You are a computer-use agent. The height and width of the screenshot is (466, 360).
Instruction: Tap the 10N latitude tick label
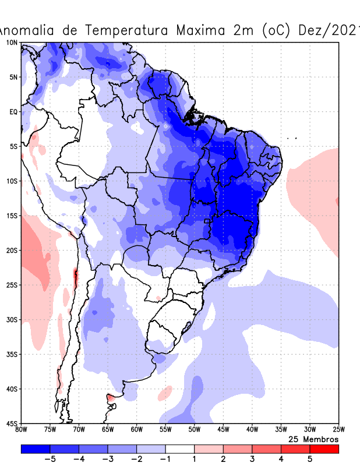(x=12, y=43)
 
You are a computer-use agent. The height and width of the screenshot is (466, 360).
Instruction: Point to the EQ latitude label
(x=13, y=111)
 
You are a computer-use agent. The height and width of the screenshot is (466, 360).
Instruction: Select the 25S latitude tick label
(x=12, y=285)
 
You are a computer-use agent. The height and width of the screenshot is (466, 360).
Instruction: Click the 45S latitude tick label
(x=12, y=423)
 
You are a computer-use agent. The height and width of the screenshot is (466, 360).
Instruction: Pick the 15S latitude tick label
(x=12, y=216)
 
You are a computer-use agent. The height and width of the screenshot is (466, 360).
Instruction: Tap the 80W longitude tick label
(x=21, y=430)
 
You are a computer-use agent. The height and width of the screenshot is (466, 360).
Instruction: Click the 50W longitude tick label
(x=194, y=430)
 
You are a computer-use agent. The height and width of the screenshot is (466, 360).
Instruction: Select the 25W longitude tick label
(x=338, y=430)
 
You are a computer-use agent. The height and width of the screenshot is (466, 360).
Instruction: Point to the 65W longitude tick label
(x=108, y=430)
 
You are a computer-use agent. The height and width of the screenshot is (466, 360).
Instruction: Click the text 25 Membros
(x=313, y=439)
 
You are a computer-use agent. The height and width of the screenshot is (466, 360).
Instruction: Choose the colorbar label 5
(x=310, y=459)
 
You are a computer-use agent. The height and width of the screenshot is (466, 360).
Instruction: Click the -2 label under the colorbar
(x=136, y=459)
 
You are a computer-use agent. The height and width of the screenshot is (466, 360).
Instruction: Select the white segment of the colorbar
(x=180, y=449)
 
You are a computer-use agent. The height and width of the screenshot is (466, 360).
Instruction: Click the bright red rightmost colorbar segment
(x=324, y=449)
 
